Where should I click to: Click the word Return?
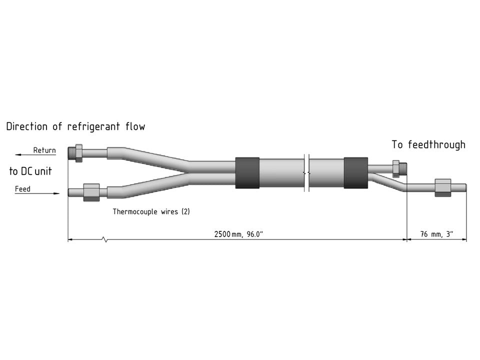(x=44, y=150)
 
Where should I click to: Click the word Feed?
(x=22, y=189)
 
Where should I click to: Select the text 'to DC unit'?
(x=30, y=171)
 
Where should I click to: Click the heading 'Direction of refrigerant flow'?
(x=75, y=126)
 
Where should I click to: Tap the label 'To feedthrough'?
(x=428, y=145)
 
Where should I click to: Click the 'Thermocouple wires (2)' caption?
(x=151, y=211)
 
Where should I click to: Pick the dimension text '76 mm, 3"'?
(x=436, y=234)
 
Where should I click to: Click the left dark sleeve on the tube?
(x=247, y=173)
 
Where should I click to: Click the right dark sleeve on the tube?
(x=355, y=173)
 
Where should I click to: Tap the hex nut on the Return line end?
(x=77, y=152)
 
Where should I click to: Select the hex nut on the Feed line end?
(x=90, y=192)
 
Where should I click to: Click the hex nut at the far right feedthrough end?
(x=443, y=187)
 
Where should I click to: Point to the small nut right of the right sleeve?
(x=396, y=168)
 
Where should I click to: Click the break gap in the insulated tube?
(x=306, y=173)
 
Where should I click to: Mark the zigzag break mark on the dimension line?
(x=104, y=240)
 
